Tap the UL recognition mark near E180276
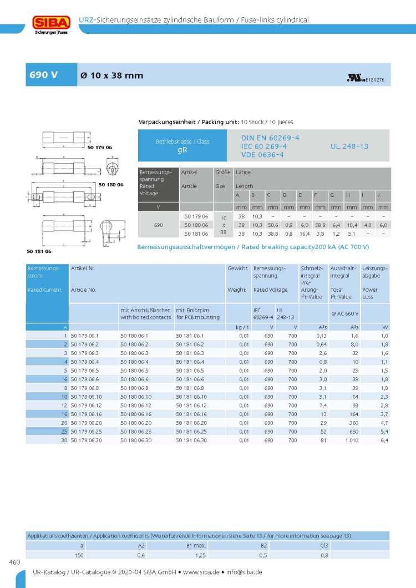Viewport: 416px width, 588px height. click(354, 79)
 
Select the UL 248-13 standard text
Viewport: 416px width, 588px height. click(349, 146)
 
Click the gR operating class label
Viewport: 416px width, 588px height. click(182, 150)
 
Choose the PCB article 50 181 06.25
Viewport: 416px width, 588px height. click(191, 431)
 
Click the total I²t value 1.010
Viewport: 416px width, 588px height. click(350, 440)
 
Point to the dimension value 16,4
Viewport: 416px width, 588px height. click(303, 234)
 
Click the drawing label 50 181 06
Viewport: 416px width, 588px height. click(38, 251)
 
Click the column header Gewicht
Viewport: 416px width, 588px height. click(237, 268)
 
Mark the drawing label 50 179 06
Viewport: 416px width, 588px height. click(100, 147)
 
